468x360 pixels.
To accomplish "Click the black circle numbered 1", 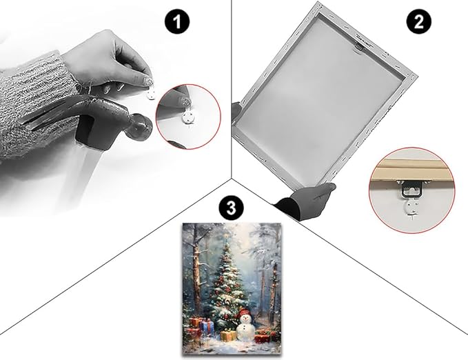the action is (x=177, y=22).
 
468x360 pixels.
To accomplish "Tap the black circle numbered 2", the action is (x=419, y=22).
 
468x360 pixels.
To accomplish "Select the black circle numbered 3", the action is (x=231, y=208).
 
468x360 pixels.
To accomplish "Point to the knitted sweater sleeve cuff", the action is (x=33, y=105).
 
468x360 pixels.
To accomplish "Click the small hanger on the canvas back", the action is (x=358, y=47).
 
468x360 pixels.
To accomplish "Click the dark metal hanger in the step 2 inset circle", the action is (x=412, y=189).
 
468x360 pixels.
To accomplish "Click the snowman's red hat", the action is (x=244, y=312).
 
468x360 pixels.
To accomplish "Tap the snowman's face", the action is (x=245, y=319).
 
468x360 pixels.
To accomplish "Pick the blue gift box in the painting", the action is (x=207, y=326).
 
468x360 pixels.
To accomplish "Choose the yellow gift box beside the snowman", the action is (x=228, y=335).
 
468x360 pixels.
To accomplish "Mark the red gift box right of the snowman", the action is (x=262, y=338).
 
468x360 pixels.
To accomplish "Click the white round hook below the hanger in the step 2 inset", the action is (x=412, y=208).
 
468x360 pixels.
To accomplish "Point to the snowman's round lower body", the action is (x=245, y=332).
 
